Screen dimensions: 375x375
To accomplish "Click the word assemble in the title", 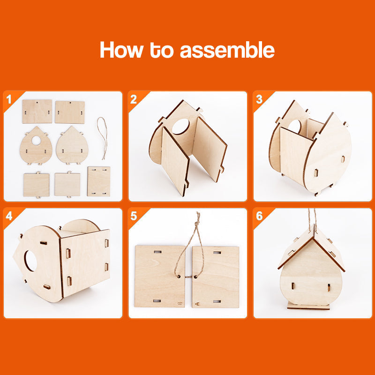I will tap(227, 50).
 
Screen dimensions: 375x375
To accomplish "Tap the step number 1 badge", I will tap(8, 99).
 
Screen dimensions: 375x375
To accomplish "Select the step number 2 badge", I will tap(134, 99).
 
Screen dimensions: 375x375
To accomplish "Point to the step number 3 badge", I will tap(259, 99).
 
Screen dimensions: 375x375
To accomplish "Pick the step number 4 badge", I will tap(8, 216).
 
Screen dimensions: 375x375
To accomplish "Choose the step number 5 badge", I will tap(134, 216).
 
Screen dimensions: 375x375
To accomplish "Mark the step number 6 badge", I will tap(259, 216).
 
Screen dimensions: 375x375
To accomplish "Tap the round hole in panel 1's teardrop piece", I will tap(36, 140).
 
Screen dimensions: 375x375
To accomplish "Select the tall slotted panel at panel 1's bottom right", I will tap(98, 181).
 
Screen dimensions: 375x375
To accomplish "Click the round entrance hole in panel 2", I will tap(181, 127).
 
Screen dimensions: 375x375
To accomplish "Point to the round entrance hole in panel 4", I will tap(30, 261).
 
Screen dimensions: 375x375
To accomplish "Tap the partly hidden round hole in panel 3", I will tap(295, 126).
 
